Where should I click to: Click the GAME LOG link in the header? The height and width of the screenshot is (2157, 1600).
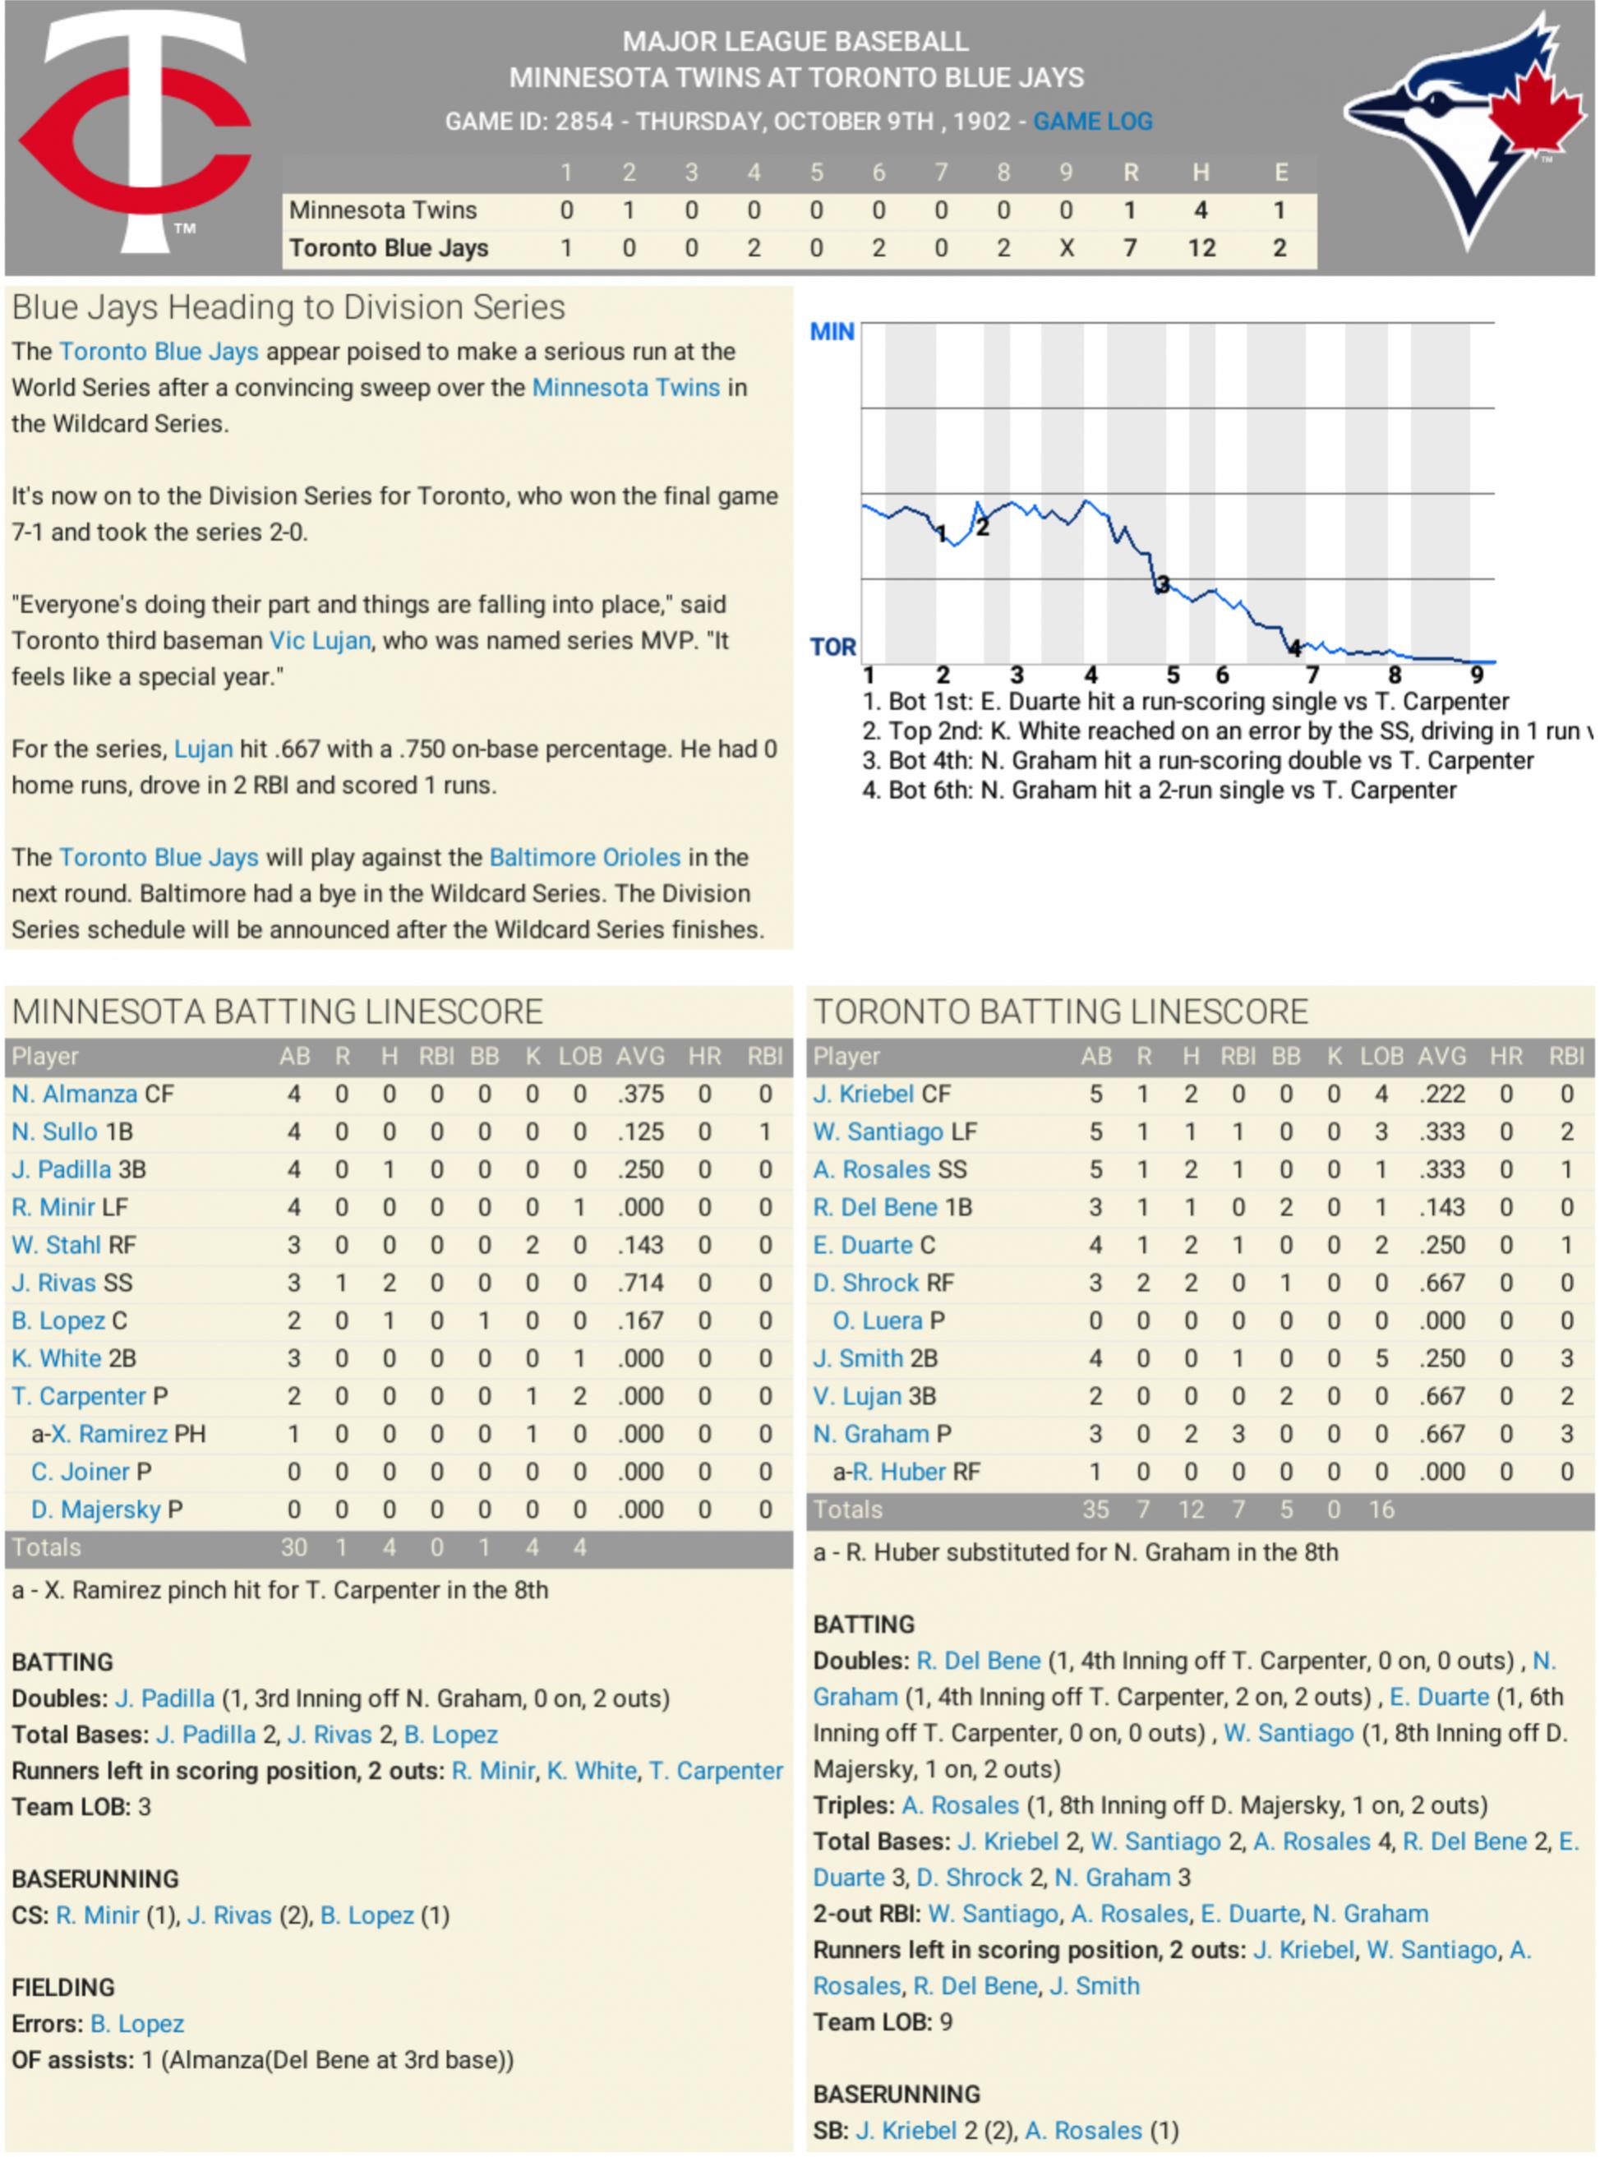[x=1091, y=122]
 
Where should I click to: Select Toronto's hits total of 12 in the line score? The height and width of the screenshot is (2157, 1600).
[x=1201, y=248]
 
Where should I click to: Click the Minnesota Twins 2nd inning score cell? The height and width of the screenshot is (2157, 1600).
[x=629, y=210]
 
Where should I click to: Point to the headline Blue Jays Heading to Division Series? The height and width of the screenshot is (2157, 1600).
[x=288, y=307]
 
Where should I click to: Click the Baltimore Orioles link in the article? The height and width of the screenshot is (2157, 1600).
[x=585, y=857]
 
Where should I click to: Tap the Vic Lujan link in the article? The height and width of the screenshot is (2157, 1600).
[x=320, y=640]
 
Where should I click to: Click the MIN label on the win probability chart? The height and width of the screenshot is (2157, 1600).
[x=832, y=332]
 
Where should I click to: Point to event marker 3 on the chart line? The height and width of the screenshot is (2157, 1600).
[x=1163, y=583]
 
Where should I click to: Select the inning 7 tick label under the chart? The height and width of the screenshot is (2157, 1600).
[x=1312, y=675]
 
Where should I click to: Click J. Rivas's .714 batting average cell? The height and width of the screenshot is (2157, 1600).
[x=641, y=1283]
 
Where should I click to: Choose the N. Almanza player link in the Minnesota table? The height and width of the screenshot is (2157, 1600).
[x=75, y=1094]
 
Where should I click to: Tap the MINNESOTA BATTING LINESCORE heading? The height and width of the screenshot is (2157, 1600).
[x=277, y=1012]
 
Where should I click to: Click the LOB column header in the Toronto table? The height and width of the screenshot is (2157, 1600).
[x=1381, y=1056]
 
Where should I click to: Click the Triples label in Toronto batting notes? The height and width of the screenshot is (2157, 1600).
[x=852, y=1804]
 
